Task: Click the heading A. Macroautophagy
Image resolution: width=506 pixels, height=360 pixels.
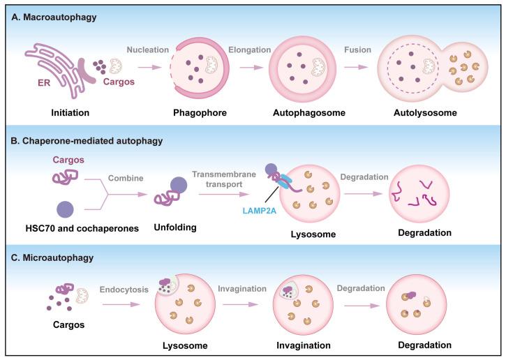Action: pyautogui.click(x=48, y=16)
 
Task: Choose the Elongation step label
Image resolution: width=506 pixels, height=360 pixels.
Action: pyautogui.click(x=246, y=50)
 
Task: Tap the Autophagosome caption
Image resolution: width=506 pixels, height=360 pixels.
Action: pyautogui.click(x=297, y=112)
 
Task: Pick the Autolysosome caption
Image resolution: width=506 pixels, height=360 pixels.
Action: pyautogui.click(x=431, y=112)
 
